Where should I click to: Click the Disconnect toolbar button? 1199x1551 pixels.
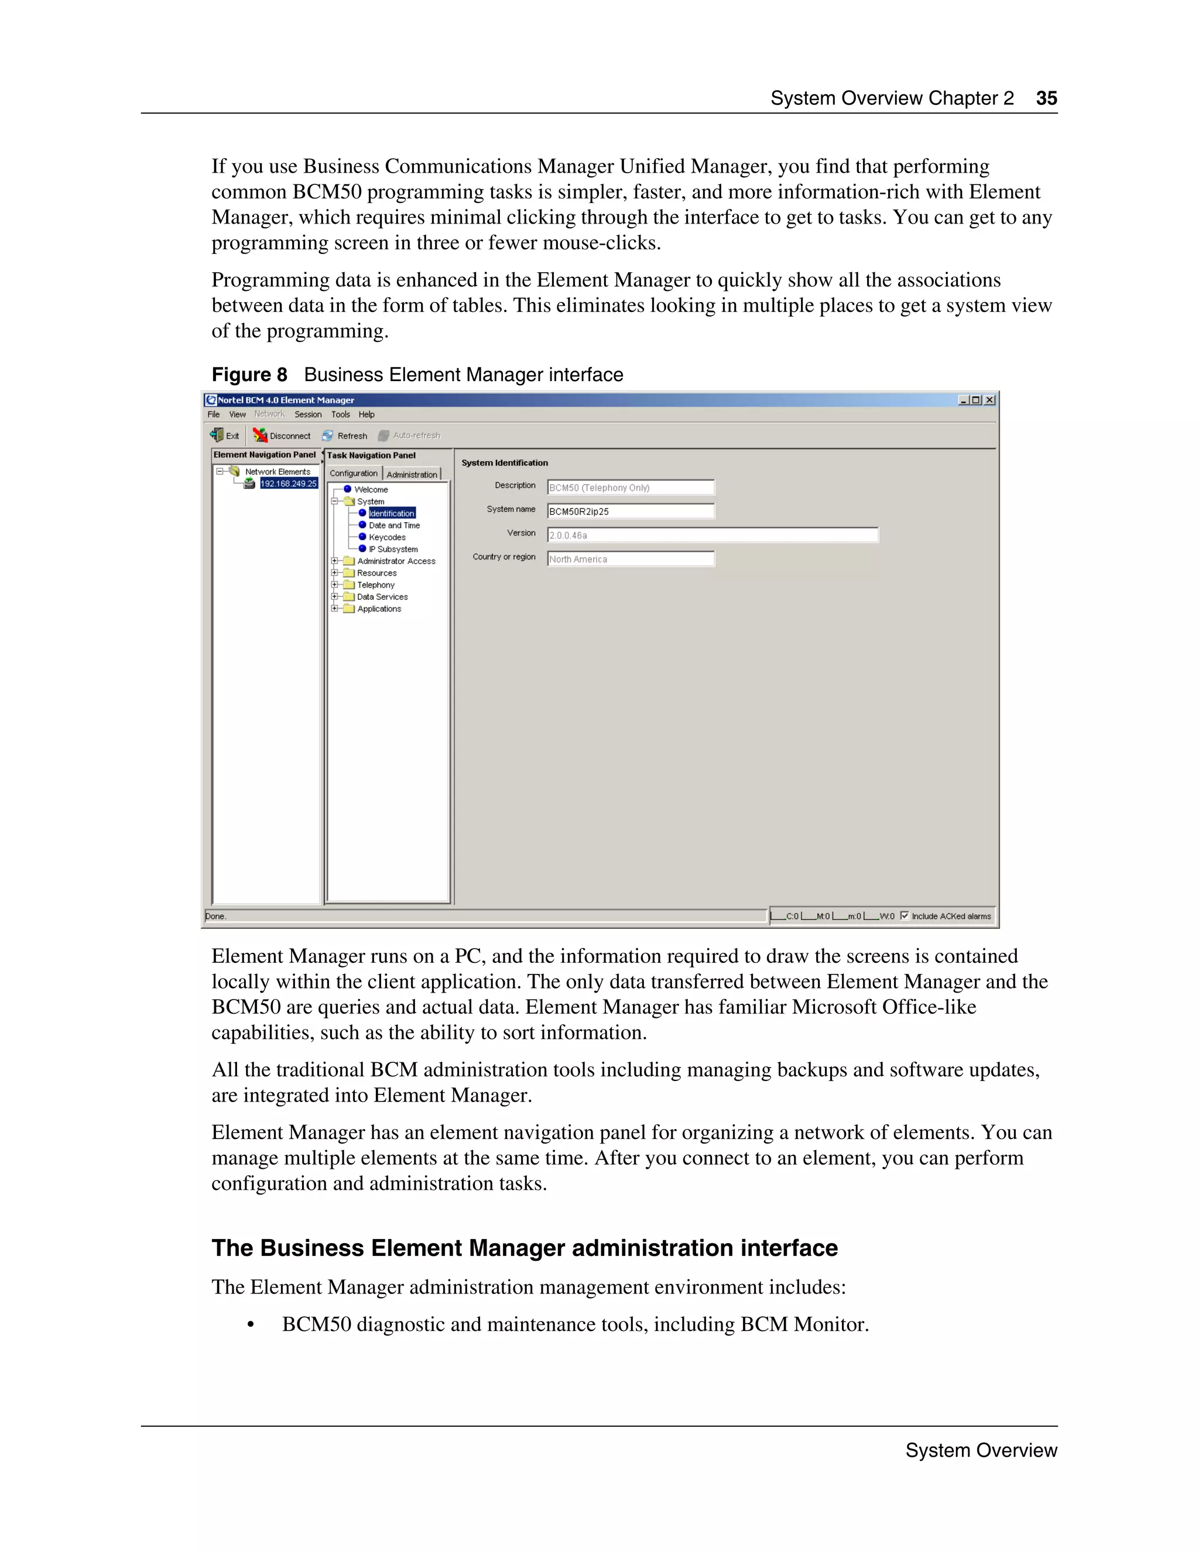point(283,435)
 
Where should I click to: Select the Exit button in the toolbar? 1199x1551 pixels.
point(225,435)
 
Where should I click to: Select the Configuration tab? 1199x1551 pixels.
point(354,473)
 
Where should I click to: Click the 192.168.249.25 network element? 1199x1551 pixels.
point(289,483)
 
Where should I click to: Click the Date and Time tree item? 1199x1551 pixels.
point(394,526)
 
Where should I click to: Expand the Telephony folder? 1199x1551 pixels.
point(334,585)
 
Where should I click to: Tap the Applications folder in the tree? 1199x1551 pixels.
point(379,609)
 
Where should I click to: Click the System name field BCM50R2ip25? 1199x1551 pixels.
point(630,512)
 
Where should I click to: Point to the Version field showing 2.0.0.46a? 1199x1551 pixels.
point(712,536)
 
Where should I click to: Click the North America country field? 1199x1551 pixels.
point(630,560)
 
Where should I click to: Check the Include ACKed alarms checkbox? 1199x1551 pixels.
point(904,916)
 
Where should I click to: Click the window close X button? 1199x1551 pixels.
point(989,400)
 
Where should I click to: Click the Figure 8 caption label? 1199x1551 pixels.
point(249,375)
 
